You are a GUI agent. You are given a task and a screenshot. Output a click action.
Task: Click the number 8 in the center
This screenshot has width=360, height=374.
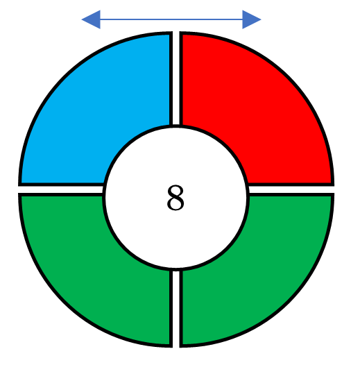[x=176, y=198]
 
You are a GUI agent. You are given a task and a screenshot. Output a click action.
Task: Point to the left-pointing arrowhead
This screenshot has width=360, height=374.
[x=91, y=19]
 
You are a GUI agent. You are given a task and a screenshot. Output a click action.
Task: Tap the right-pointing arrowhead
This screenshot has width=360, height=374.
[x=252, y=19]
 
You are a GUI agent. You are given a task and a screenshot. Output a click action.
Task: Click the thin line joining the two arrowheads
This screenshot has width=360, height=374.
[x=171, y=19]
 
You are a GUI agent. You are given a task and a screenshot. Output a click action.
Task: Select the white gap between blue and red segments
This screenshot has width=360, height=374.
[x=176, y=78]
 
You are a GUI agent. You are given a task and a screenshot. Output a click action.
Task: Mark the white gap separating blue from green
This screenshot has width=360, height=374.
[x=61, y=189]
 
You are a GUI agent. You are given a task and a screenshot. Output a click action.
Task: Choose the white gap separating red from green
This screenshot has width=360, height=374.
[x=291, y=189]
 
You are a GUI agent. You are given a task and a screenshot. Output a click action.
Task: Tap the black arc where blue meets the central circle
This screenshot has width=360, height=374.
[x=126, y=142]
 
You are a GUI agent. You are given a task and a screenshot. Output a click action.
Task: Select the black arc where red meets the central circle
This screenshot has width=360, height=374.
[x=225, y=142]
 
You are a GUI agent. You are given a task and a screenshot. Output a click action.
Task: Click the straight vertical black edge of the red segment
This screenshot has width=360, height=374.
[x=181, y=78]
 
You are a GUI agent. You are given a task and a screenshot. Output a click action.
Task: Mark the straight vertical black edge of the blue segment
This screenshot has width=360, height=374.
[x=171, y=78]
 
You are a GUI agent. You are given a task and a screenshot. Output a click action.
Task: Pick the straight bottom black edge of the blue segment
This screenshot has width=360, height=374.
[x=61, y=185]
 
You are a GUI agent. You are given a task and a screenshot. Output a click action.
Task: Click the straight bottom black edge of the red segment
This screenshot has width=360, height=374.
[x=291, y=185]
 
